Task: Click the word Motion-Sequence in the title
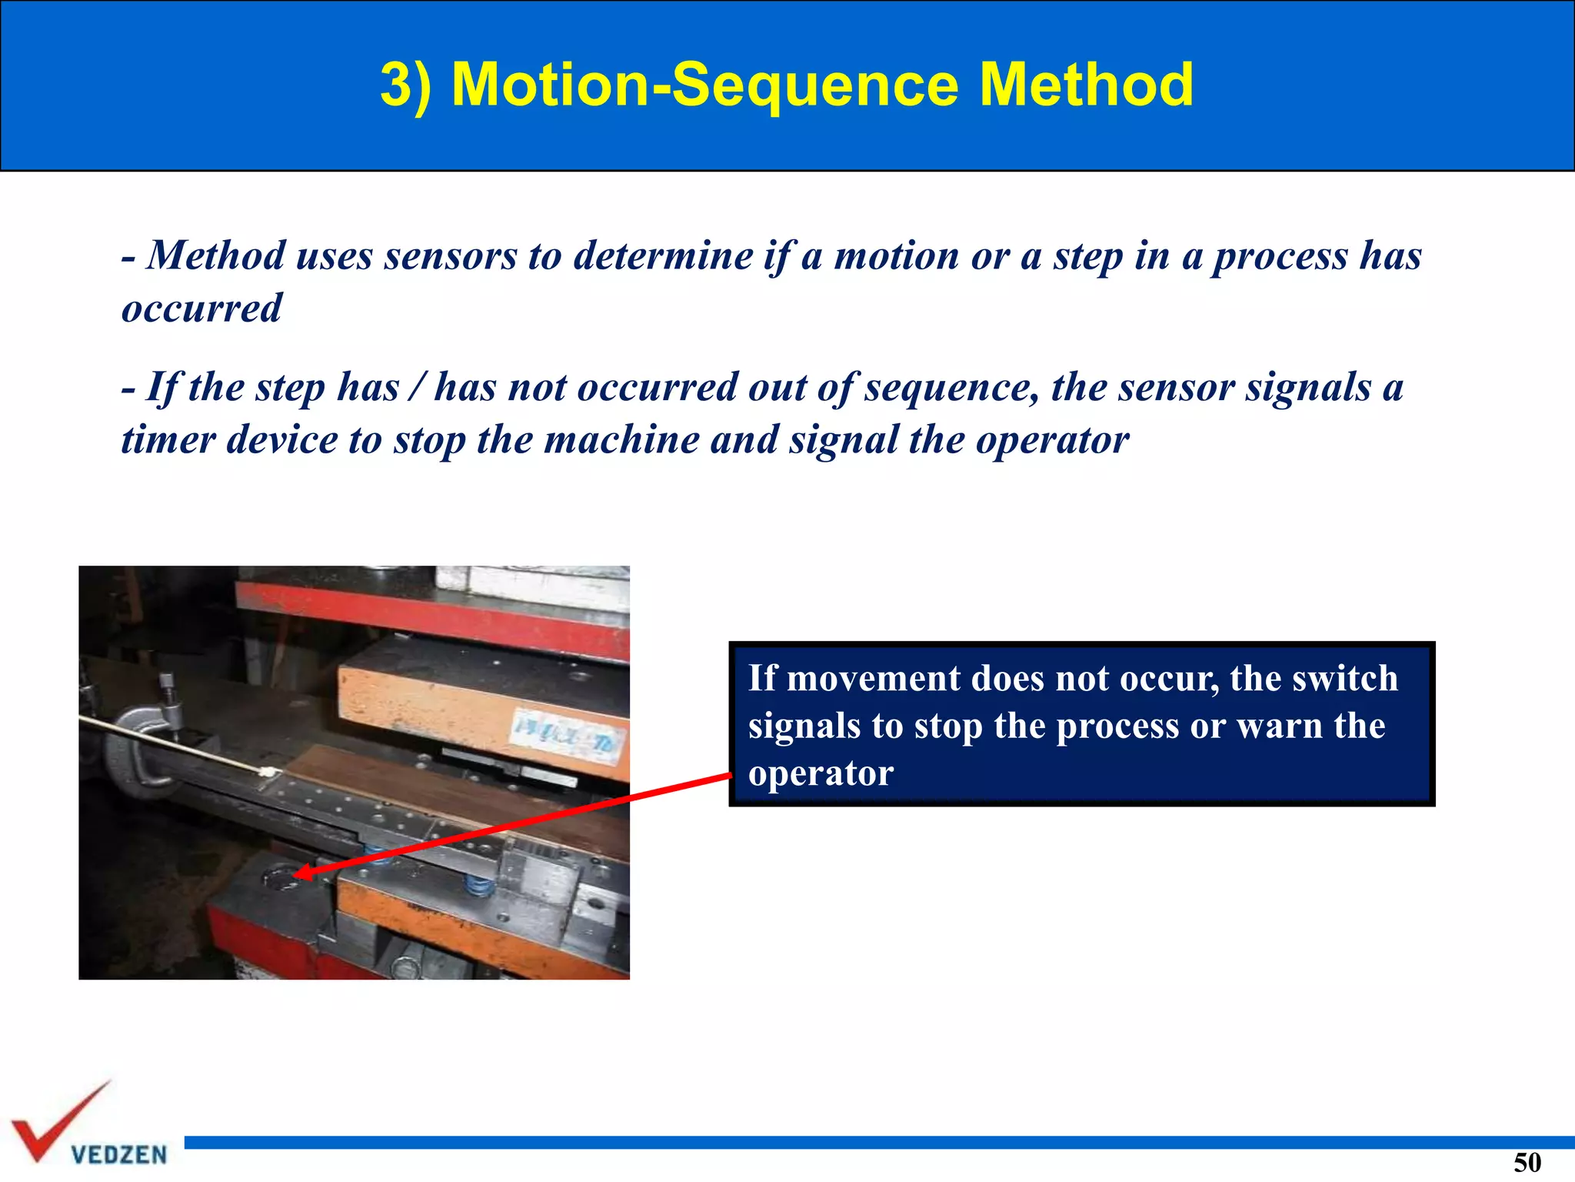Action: [x=704, y=85]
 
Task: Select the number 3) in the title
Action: [x=405, y=85]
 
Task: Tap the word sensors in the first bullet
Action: [x=451, y=256]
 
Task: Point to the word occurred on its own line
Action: [x=201, y=309]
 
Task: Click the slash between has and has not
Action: [x=416, y=387]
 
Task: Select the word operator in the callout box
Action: [x=821, y=773]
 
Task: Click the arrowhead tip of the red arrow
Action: [x=298, y=873]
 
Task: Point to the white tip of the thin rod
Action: [x=267, y=772]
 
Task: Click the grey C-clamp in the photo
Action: [x=142, y=743]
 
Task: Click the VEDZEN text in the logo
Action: [x=118, y=1154]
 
